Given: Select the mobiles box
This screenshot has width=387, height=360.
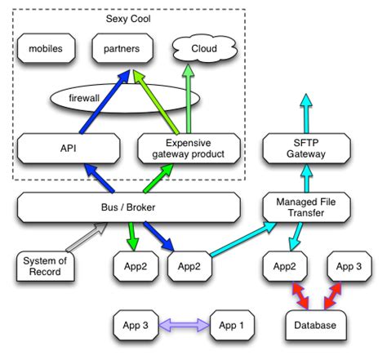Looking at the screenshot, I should click(46, 49).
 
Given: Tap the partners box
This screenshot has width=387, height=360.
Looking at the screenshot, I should click(122, 49).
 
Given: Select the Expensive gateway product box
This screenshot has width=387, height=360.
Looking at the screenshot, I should click(189, 149).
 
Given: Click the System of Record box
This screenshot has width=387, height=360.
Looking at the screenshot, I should click(47, 266).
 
